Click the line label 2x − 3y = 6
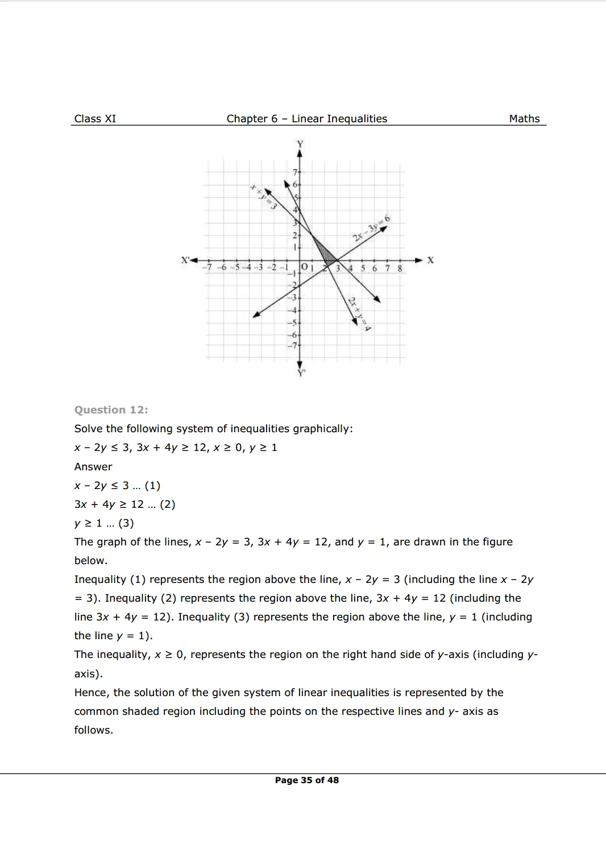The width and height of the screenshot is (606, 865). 371,227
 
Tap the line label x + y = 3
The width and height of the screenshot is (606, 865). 263,197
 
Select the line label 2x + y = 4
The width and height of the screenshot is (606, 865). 359,314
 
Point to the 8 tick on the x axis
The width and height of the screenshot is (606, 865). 400,268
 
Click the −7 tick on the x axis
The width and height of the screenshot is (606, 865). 209,267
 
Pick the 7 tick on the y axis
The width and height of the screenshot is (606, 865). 295,172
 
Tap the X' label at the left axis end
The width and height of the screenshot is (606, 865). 185,260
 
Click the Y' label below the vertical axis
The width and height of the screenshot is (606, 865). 301,373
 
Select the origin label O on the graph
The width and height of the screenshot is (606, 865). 304,266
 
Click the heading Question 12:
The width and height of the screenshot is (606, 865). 111,410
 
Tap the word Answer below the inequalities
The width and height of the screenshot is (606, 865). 93,467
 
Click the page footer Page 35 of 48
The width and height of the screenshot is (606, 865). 306,780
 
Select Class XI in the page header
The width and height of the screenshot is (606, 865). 95,119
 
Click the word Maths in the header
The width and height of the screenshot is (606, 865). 524,119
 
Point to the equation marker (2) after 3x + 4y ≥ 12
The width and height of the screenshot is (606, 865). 167,504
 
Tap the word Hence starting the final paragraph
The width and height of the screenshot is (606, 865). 91,693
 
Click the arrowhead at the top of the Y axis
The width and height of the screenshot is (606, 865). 300,152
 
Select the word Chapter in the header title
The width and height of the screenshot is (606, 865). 247,119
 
